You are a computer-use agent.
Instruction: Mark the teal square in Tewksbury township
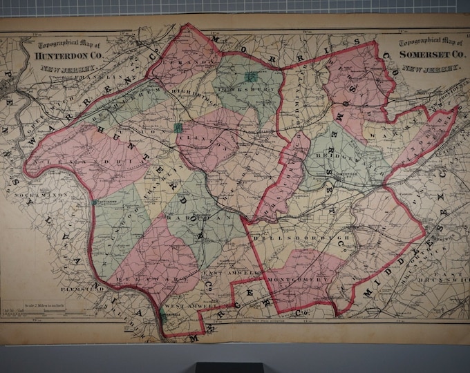253,76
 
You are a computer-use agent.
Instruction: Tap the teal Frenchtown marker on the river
94,203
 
